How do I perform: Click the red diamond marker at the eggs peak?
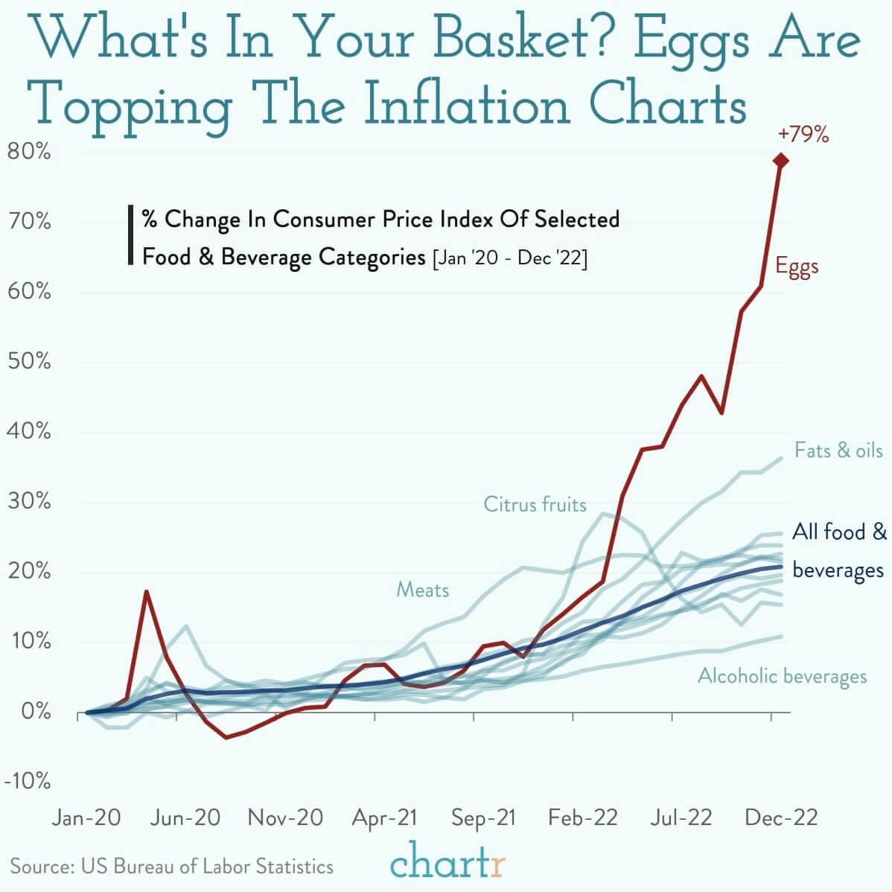(x=780, y=160)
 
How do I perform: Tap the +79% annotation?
(x=803, y=135)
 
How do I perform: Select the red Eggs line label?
(x=797, y=267)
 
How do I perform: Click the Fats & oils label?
(x=838, y=450)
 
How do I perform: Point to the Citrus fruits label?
(x=535, y=505)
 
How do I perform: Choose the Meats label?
(x=422, y=590)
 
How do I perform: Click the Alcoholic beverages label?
(x=782, y=676)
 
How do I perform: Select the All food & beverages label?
(x=839, y=551)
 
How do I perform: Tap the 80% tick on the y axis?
(x=28, y=153)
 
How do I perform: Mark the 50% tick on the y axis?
(x=28, y=363)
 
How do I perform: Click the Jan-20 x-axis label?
(x=86, y=818)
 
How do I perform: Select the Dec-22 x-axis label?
(x=781, y=818)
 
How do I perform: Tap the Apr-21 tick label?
(x=384, y=818)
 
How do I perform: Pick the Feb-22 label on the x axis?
(x=583, y=818)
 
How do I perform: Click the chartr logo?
(x=447, y=864)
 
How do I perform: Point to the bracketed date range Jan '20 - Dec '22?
(x=509, y=258)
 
